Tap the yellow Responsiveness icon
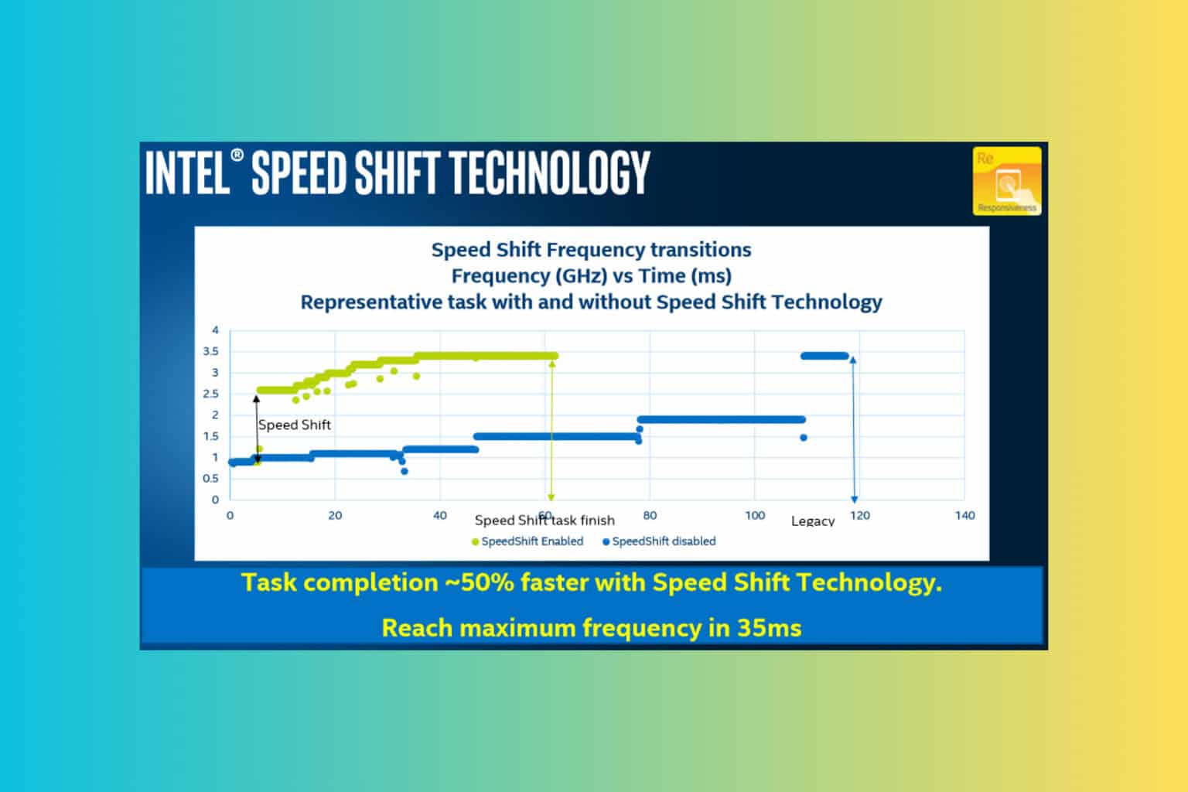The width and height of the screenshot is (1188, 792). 1006,181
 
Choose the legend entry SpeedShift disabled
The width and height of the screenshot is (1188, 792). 663,541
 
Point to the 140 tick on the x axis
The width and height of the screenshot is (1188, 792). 964,516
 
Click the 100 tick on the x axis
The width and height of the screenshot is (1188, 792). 755,516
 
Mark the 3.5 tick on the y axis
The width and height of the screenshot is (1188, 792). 210,351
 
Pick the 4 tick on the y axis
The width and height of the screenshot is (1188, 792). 216,330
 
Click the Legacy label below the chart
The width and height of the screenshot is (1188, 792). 812,521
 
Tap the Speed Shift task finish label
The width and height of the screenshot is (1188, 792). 544,521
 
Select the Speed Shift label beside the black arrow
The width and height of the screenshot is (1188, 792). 294,425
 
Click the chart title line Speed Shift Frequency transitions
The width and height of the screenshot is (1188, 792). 591,250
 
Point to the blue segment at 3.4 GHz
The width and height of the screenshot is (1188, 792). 824,356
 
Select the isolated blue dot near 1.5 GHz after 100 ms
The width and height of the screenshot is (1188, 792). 804,438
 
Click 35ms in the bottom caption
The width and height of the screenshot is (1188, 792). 769,627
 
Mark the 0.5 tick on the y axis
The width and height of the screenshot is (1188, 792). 210,479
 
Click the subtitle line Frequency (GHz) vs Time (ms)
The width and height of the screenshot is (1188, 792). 591,276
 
